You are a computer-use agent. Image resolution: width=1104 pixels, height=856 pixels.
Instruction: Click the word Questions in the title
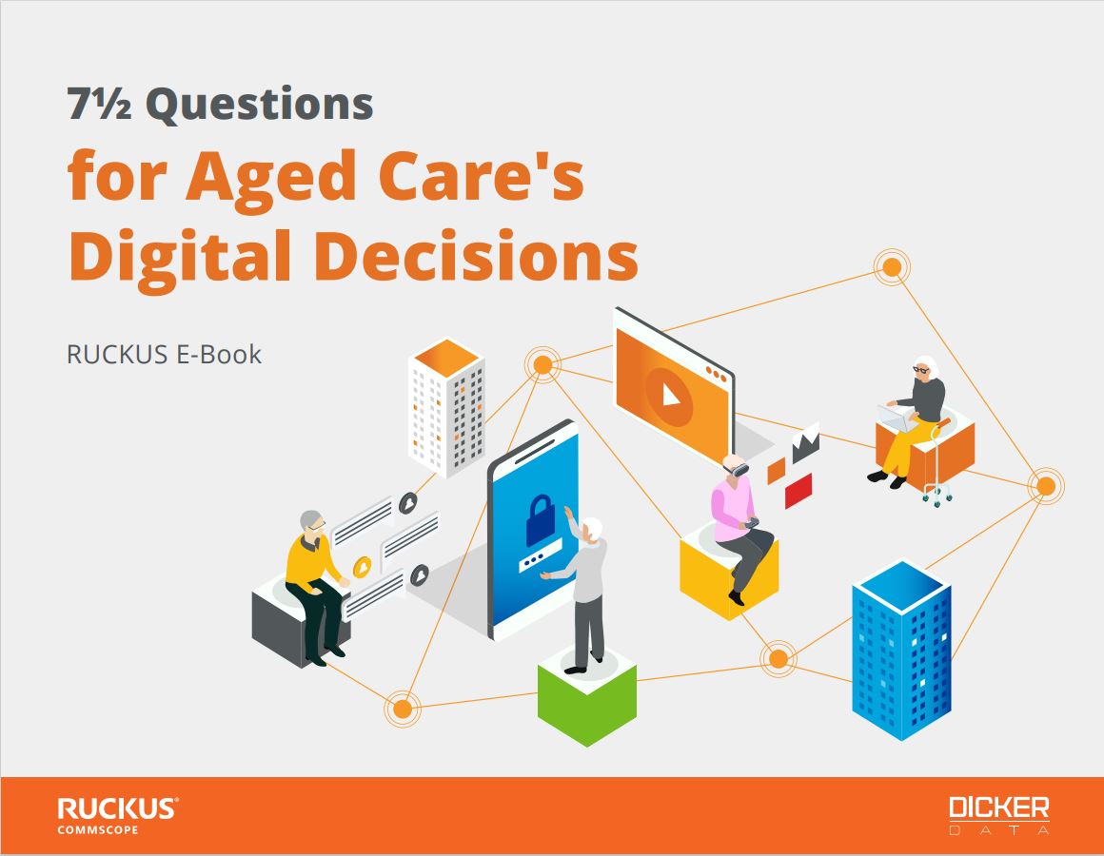(x=259, y=104)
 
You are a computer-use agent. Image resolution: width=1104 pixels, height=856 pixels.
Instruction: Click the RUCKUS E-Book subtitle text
(x=164, y=355)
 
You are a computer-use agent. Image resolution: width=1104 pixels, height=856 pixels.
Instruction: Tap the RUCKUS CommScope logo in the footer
(x=117, y=815)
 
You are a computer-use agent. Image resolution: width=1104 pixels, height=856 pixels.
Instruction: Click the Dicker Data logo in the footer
(x=998, y=815)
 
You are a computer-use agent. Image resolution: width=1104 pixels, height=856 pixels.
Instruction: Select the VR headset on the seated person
(x=738, y=469)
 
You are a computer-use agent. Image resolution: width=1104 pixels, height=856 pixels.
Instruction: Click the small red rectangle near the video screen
(x=798, y=491)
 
